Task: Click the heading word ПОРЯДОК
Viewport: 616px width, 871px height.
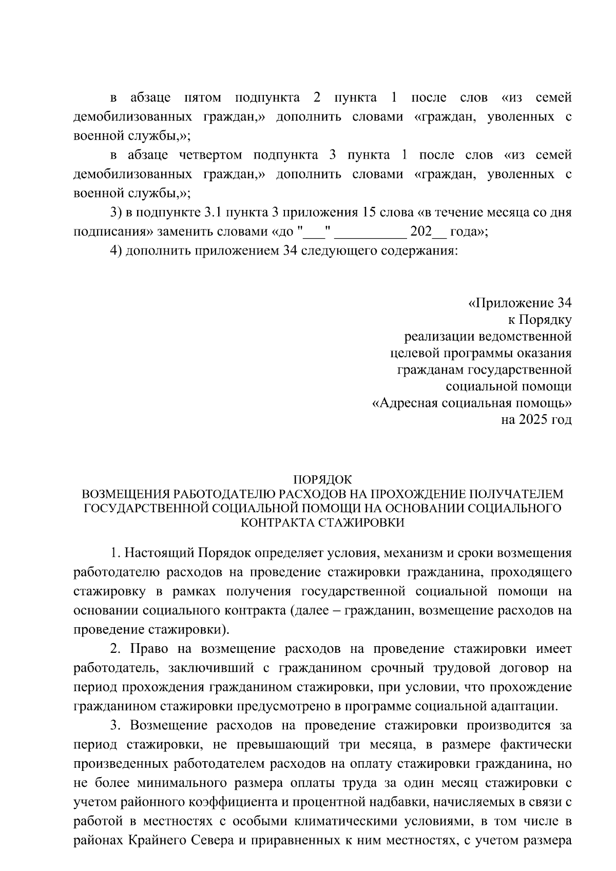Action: click(322, 480)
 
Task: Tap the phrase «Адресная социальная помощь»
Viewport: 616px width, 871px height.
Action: click(471, 403)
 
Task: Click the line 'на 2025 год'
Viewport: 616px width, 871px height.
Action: click(536, 420)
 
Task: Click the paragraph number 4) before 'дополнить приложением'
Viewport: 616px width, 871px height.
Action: click(115, 251)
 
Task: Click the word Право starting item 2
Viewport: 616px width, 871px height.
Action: click(149, 649)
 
